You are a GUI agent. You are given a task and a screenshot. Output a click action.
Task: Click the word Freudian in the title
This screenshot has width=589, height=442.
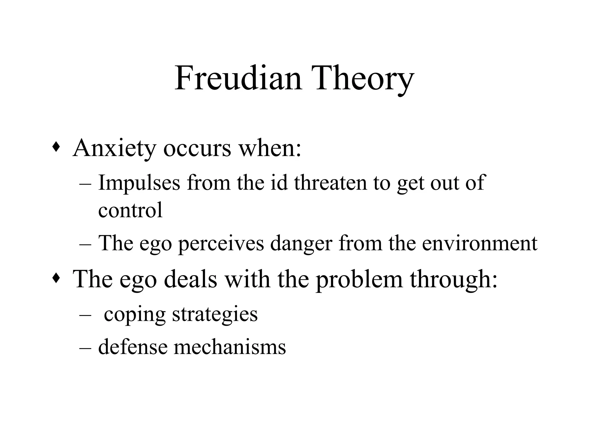point(238,78)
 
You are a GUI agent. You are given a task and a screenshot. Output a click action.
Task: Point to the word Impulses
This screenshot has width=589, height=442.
point(139,183)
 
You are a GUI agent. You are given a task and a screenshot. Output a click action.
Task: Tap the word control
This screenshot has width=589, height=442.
point(130,210)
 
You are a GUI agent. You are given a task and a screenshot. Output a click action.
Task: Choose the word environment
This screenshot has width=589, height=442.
point(480,243)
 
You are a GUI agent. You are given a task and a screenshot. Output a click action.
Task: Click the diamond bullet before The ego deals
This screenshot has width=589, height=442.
point(56,278)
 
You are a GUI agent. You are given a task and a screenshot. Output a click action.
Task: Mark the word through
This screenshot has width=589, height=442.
point(454,280)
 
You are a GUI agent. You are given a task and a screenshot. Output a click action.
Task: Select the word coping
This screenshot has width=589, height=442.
point(135,315)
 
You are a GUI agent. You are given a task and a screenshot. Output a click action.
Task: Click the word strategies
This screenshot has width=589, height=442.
point(215,315)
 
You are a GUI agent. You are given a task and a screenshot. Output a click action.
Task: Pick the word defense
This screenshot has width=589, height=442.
point(133,347)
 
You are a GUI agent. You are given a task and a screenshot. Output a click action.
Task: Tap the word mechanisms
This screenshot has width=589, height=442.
point(230,347)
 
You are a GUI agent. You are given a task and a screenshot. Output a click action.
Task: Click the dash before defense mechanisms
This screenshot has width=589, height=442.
point(85,348)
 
